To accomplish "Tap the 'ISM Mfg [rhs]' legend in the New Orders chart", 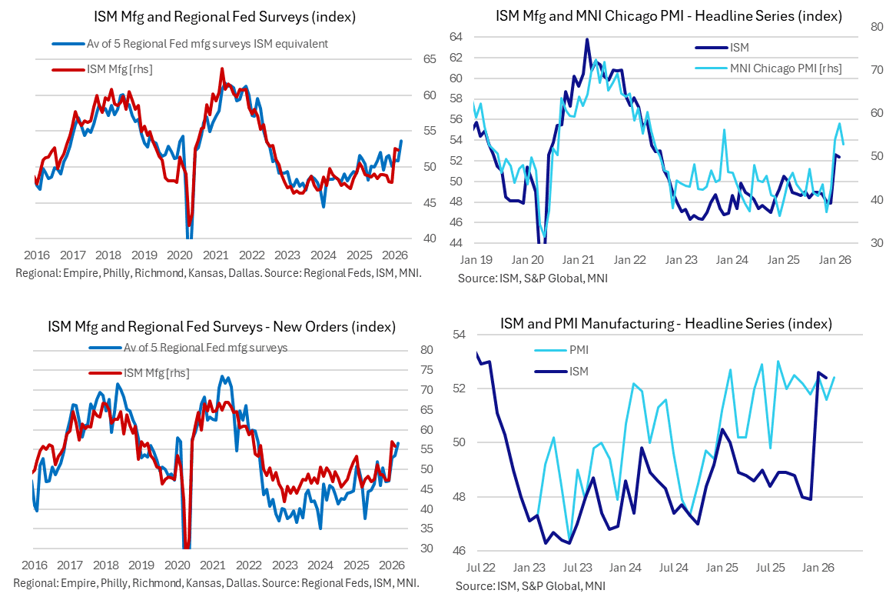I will [156, 373].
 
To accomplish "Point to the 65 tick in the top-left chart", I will [430, 59].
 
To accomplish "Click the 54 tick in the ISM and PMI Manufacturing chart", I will [461, 335].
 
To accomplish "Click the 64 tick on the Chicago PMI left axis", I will [456, 37].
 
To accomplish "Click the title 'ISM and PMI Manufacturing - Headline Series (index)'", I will [665, 323].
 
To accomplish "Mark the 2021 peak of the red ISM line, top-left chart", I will [222, 68].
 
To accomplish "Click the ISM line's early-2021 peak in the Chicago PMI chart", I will [587, 39].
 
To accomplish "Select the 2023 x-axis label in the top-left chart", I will [287, 255].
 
